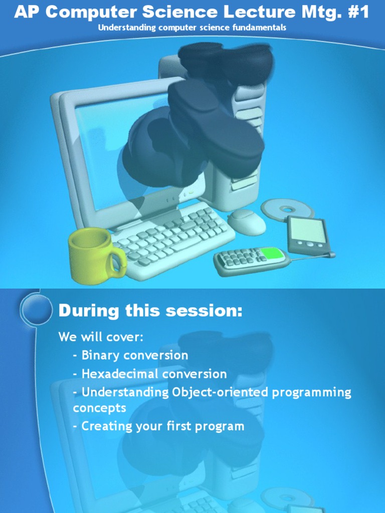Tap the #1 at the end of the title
point(357,12)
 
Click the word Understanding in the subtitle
point(127,28)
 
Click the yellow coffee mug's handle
point(119,262)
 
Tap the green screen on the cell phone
point(273,253)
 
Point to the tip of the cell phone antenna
point(331,255)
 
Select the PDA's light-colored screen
point(306,230)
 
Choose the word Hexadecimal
point(120,374)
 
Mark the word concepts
point(99,408)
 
